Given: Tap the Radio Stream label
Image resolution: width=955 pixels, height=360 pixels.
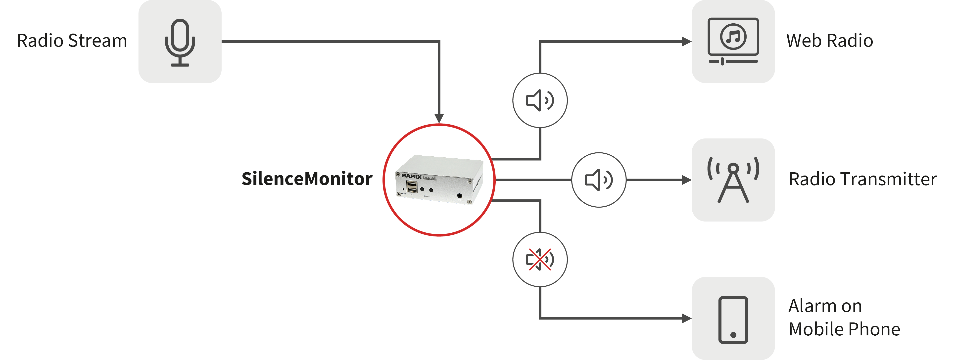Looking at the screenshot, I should tap(72, 41).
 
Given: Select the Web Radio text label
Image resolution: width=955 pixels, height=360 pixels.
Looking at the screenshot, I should tap(829, 41).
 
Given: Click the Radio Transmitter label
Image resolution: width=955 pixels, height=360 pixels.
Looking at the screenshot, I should tap(862, 180).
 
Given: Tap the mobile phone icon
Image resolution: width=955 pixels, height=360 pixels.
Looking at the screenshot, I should tap(733, 319).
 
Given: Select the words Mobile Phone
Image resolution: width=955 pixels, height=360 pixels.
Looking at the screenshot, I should tap(844, 329).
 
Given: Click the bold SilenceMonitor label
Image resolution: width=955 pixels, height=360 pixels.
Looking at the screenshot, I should tap(307, 179).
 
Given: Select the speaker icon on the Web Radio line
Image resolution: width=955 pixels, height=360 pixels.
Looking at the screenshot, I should tap(540, 100).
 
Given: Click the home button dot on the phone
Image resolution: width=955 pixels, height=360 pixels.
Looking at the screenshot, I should tap(733, 335).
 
